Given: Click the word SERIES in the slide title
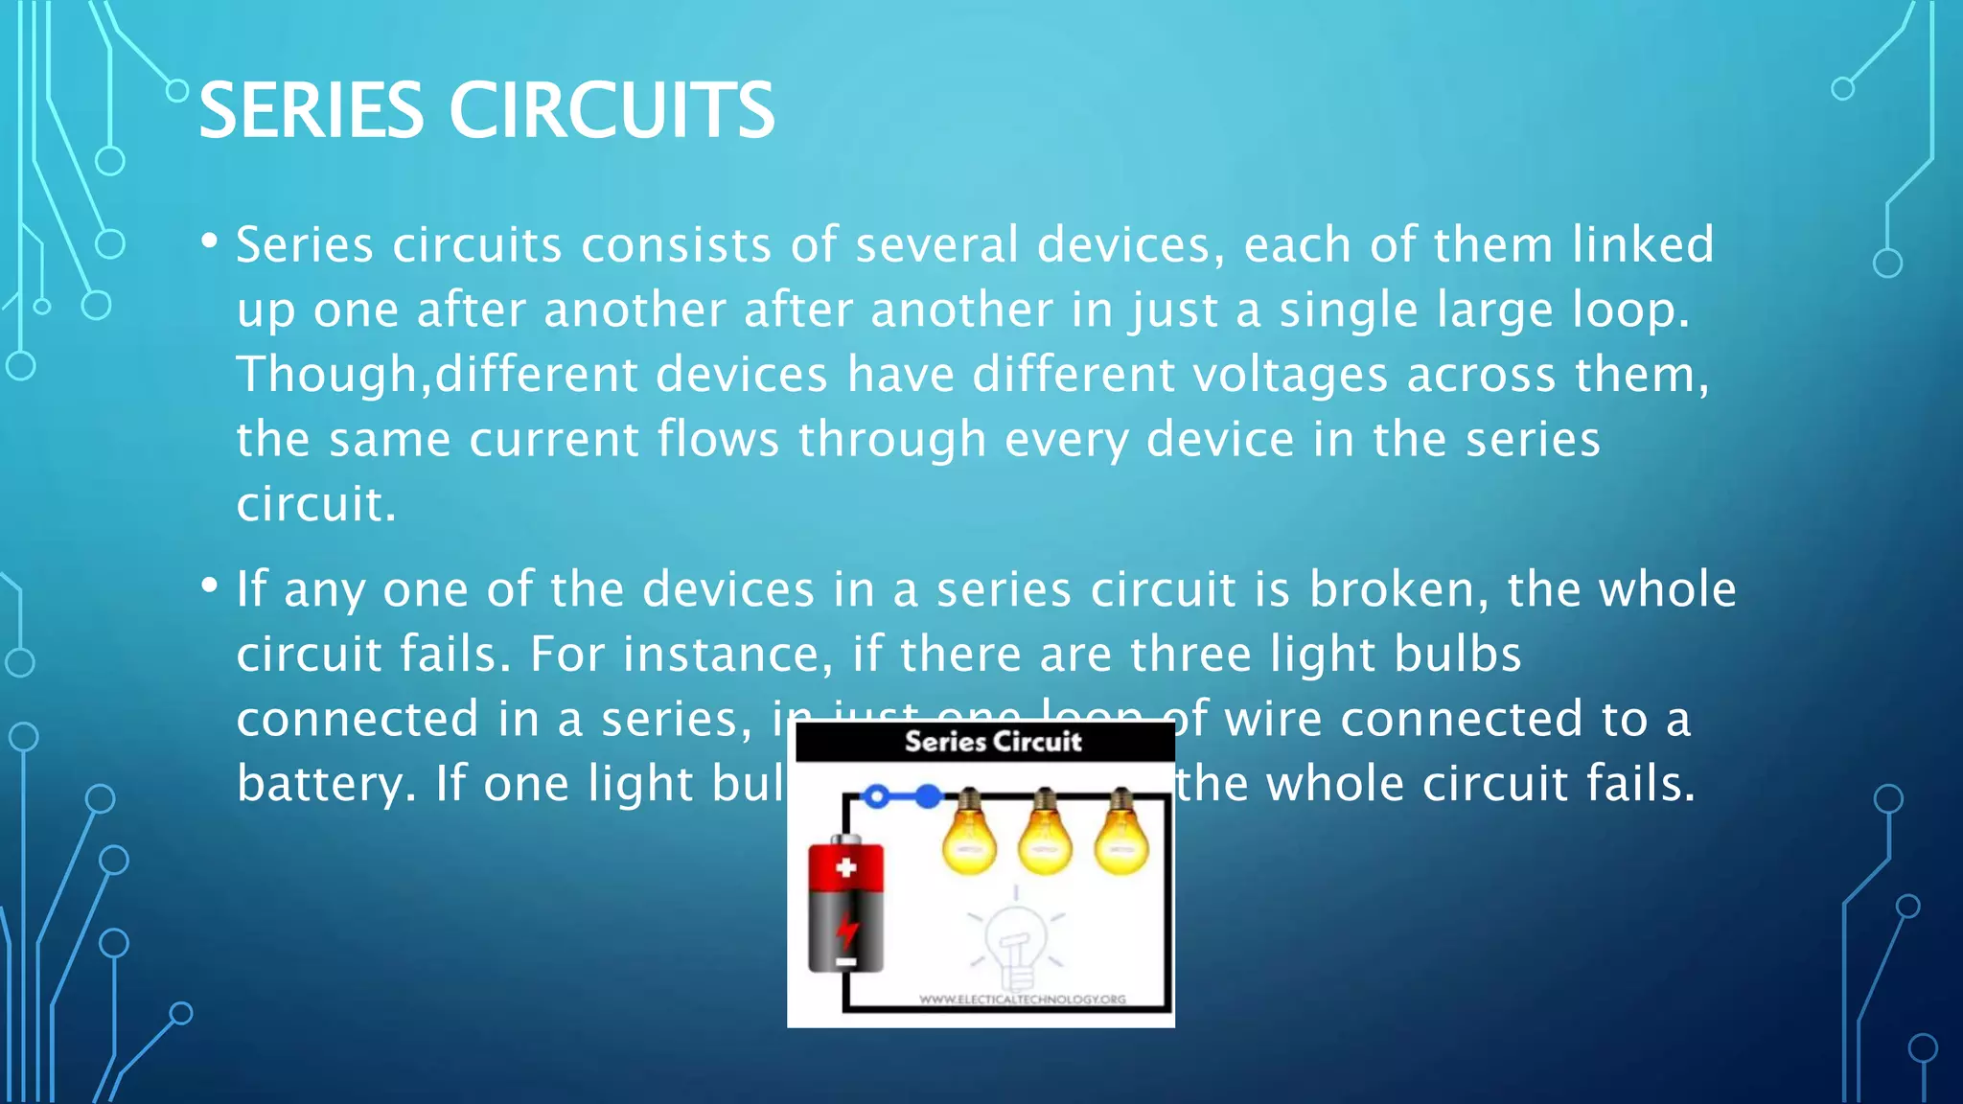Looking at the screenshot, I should click(x=311, y=110).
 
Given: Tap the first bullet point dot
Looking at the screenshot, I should click(x=209, y=241).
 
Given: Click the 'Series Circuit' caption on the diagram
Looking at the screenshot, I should click(x=993, y=741).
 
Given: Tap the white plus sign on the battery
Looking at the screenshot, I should click(x=845, y=868).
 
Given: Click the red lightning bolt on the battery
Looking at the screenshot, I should click(x=846, y=930).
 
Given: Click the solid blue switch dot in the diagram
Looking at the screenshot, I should click(x=928, y=796).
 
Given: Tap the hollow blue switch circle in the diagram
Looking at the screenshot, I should click(x=876, y=796).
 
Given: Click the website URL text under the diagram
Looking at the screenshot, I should click(x=1022, y=999).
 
